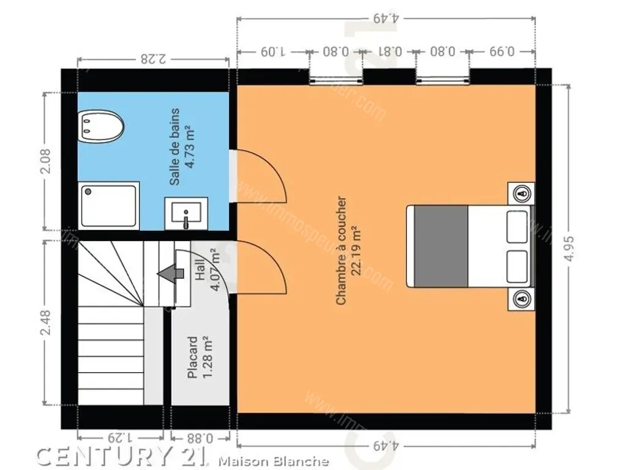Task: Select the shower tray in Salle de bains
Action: pos(109,206)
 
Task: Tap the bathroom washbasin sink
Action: pos(186,214)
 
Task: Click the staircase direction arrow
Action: pos(171,274)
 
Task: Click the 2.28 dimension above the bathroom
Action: pos(154,59)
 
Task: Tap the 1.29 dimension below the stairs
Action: pos(121,438)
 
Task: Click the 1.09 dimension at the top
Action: pos(272,51)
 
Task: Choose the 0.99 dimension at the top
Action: pos(502,51)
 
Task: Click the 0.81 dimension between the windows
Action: pos(389,51)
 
